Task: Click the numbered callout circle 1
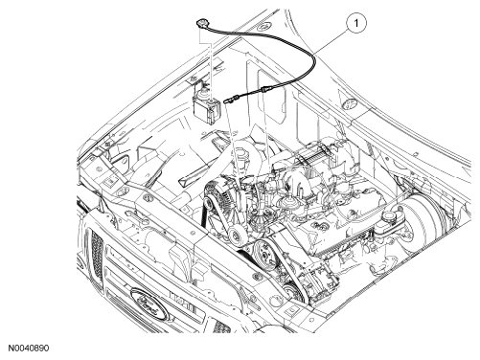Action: (356, 23)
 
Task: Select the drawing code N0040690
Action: (29, 348)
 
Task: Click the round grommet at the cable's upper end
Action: (201, 24)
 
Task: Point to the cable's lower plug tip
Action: (226, 101)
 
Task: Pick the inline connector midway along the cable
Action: (263, 90)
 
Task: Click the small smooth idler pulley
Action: (236, 236)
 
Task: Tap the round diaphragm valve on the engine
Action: (284, 202)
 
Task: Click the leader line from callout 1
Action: (331, 38)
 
